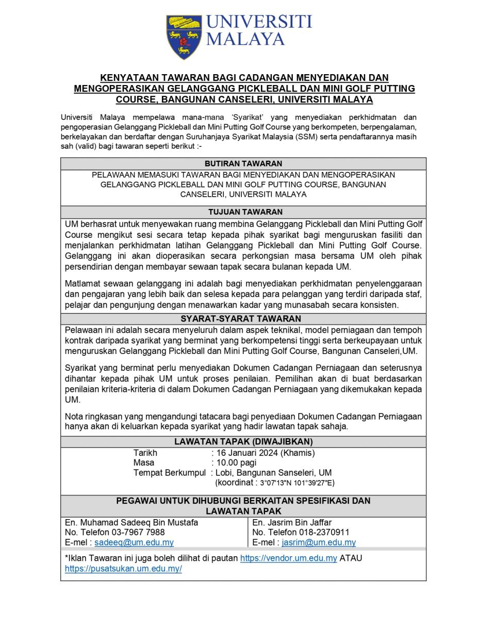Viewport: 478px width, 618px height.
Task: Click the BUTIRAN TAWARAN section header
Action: (x=243, y=164)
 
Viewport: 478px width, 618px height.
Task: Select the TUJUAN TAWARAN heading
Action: (x=243, y=212)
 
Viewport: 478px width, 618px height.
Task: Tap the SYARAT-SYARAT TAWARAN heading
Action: (x=243, y=319)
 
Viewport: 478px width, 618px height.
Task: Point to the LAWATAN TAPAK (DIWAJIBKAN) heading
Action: (x=243, y=441)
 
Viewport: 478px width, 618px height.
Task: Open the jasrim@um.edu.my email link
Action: (x=319, y=542)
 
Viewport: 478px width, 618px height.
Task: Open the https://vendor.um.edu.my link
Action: (x=289, y=558)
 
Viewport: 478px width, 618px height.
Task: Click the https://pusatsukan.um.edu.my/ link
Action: (x=123, y=569)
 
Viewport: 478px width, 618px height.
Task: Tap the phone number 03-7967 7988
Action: (x=133, y=532)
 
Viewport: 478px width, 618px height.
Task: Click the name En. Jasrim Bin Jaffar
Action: (x=292, y=522)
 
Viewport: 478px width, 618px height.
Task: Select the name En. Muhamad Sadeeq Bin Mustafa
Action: (x=131, y=522)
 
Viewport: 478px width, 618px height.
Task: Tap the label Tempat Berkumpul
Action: (x=170, y=472)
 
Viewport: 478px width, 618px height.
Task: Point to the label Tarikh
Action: (x=145, y=453)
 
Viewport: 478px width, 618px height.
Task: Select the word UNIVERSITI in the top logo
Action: (x=259, y=22)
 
